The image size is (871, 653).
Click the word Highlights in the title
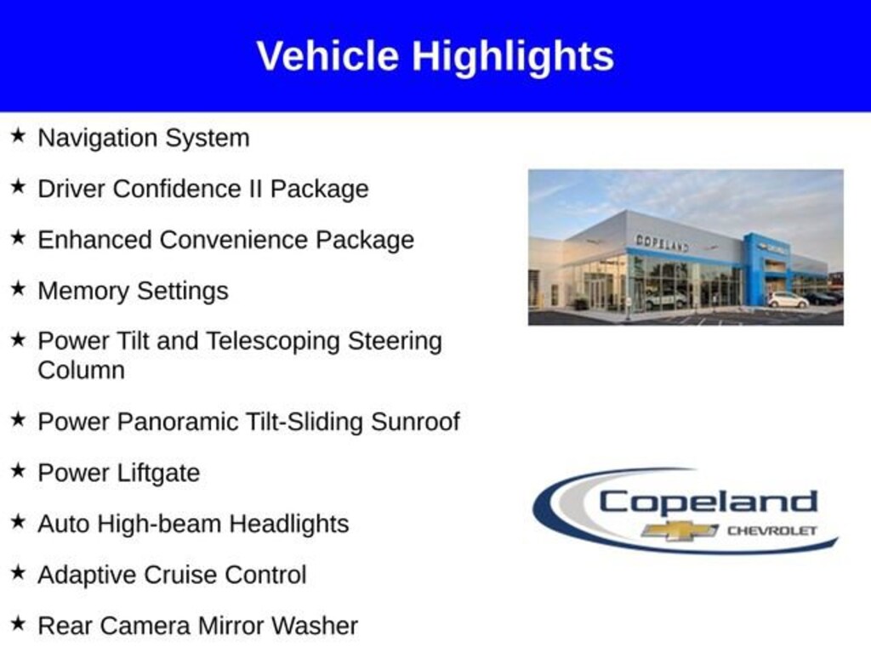(513, 57)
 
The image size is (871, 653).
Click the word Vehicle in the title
(327, 56)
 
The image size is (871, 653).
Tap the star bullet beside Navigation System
(19, 135)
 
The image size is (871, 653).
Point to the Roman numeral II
(255, 189)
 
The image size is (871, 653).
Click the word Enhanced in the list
(94, 240)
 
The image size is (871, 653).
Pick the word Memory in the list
(83, 291)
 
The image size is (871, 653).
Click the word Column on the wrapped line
(81, 371)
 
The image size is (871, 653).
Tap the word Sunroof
(415, 422)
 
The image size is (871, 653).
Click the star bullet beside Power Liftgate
(19, 470)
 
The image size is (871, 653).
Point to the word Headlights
(289, 524)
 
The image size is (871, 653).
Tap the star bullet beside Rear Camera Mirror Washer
(19, 623)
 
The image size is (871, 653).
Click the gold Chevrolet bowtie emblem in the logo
(680, 531)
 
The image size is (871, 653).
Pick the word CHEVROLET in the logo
(772, 531)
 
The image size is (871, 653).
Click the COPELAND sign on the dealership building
(662, 243)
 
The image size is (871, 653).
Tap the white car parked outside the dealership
(788, 300)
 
